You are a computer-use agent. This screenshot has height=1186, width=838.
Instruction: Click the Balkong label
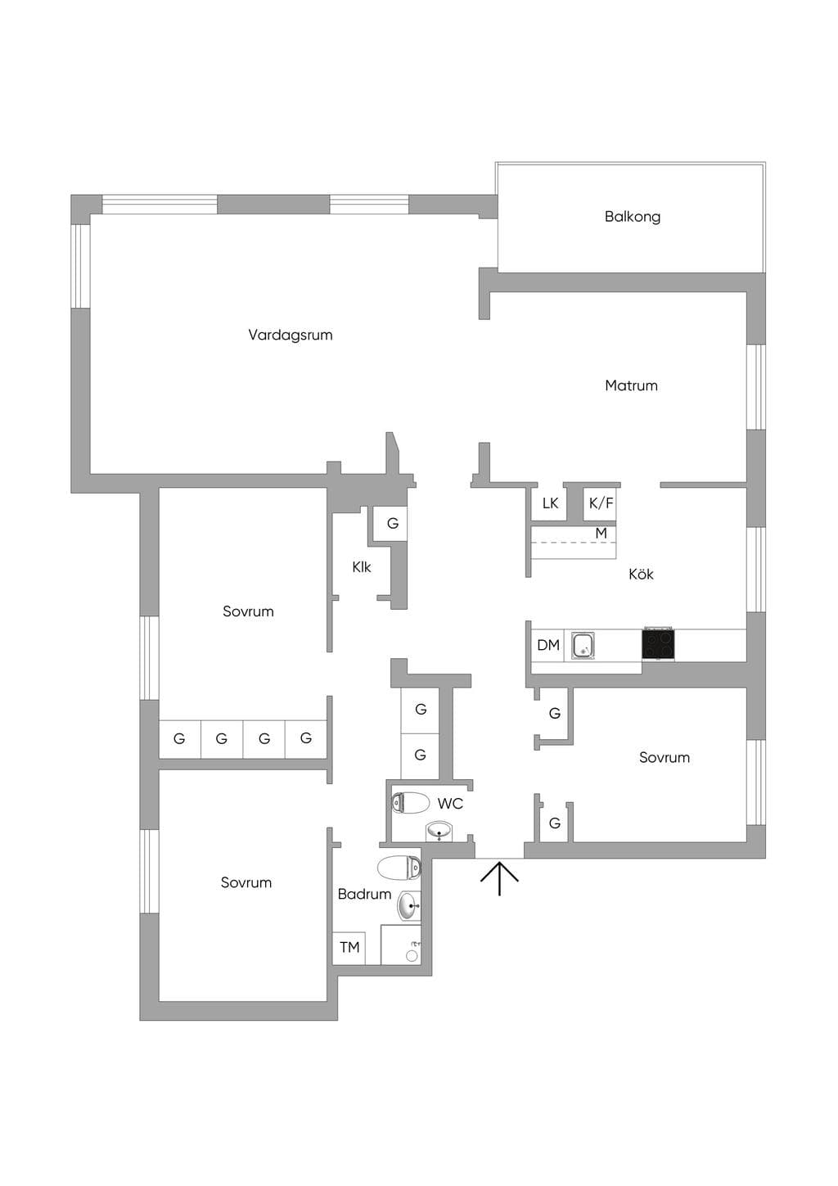pyautogui.click(x=632, y=217)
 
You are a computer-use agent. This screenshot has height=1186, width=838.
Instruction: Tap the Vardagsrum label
pyautogui.click(x=290, y=335)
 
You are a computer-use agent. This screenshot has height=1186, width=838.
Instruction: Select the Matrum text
pyautogui.click(x=631, y=386)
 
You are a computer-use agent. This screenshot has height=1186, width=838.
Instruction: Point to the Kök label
pyautogui.click(x=641, y=574)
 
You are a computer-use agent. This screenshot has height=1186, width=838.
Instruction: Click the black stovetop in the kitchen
pyautogui.click(x=658, y=644)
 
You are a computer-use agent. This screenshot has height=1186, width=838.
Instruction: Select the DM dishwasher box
pyautogui.click(x=548, y=645)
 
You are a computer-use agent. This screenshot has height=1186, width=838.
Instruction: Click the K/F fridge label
pyautogui.click(x=601, y=503)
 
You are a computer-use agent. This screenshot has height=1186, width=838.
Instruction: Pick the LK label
pyautogui.click(x=550, y=503)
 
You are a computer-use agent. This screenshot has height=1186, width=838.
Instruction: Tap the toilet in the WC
pyautogui.click(x=410, y=803)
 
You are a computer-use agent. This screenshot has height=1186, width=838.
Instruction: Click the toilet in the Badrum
pyautogui.click(x=399, y=868)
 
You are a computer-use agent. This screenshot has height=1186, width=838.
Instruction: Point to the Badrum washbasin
pyautogui.click(x=409, y=906)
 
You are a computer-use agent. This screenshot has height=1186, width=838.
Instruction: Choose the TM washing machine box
pyautogui.click(x=349, y=947)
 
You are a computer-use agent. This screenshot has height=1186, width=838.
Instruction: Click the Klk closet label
pyautogui.click(x=362, y=567)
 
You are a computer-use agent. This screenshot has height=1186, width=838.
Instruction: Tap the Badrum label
pyautogui.click(x=364, y=895)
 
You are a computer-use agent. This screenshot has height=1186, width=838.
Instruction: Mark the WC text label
pyautogui.click(x=450, y=804)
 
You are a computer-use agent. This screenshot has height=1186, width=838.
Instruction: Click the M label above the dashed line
pyautogui.click(x=601, y=533)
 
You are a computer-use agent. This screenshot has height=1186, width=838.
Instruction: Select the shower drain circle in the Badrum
pyautogui.click(x=412, y=956)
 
